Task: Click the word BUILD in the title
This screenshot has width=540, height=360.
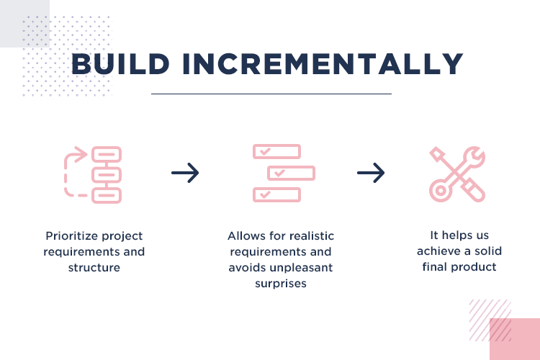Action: [x=120, y=64]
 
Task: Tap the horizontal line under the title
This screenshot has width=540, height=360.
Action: [x=271, y=94]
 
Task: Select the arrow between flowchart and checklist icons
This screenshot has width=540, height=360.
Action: [x=185, y=173]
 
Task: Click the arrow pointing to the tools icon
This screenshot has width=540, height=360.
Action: [x=371, y=173]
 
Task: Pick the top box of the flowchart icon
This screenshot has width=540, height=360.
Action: [x=107, y=154]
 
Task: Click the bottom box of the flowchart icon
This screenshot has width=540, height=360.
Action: [x=107, y=196]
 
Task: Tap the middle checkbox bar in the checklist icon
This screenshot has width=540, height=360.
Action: [x=292, y=173]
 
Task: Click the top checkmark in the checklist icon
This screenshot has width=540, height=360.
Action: [x=265, y=151]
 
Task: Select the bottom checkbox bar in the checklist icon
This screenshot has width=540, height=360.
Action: [x=277, y=194]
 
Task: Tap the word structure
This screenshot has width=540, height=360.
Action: [x=94, y=268]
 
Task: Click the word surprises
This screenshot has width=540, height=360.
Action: [x=281, y=284]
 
